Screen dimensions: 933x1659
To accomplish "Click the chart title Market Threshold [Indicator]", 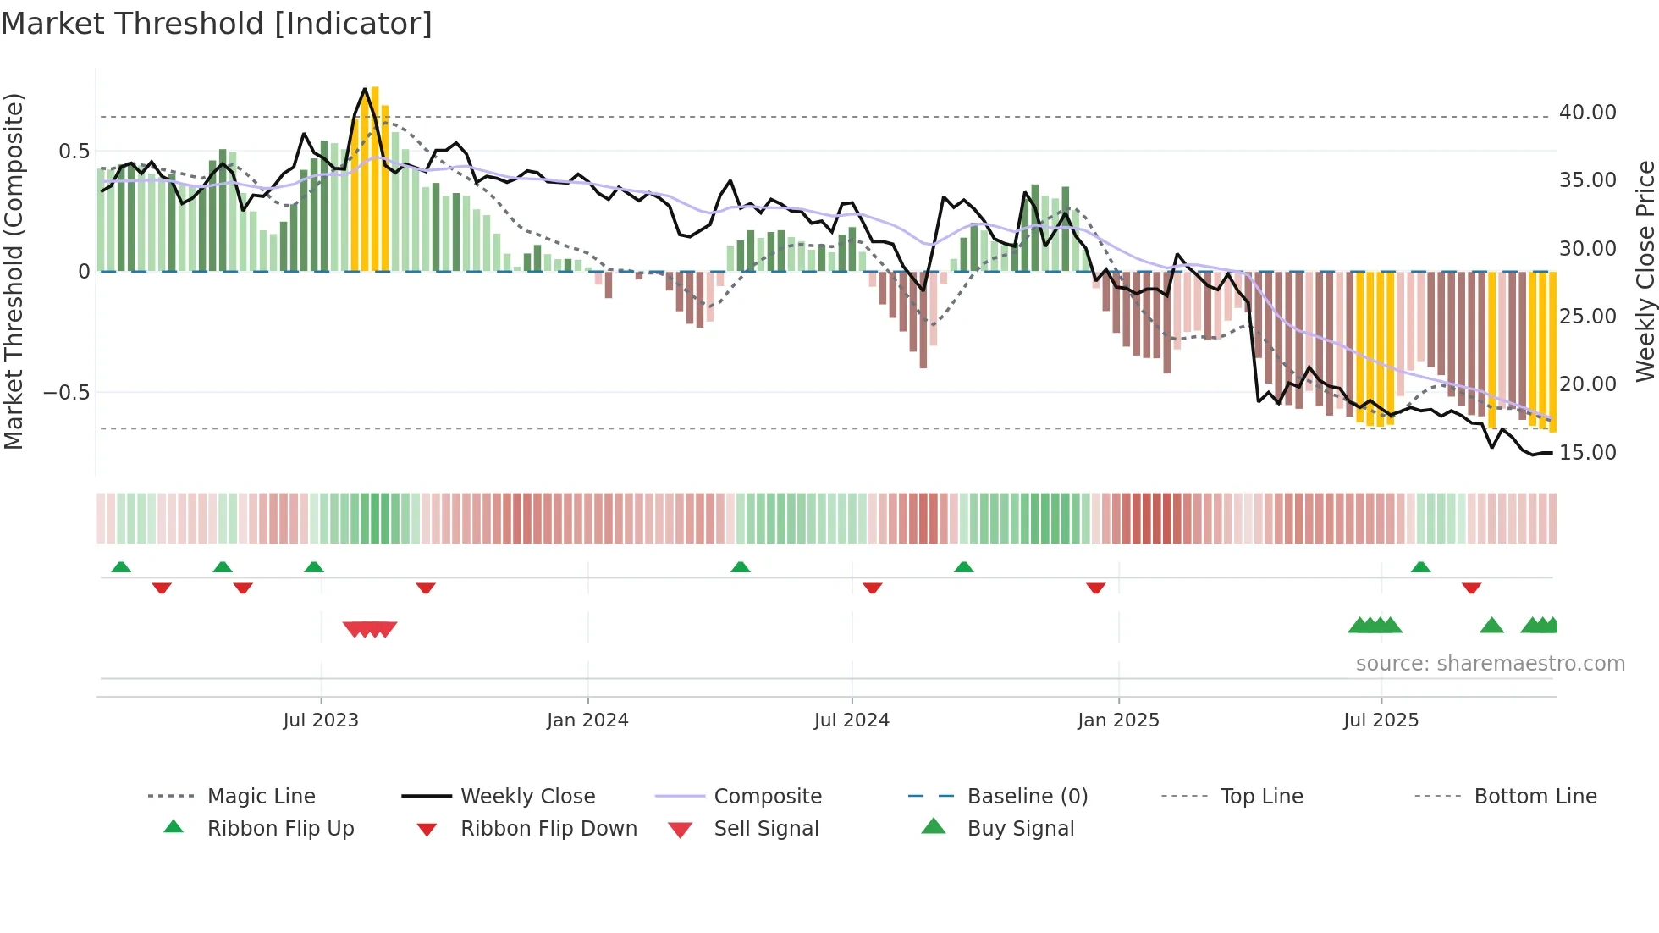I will click(x=217, y=24).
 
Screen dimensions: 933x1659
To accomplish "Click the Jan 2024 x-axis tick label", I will click(x=587, y=720).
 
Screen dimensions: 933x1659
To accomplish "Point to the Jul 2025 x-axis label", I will click(x=1381, y=720).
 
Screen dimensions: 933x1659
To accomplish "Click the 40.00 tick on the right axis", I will click(x=1587, y=113).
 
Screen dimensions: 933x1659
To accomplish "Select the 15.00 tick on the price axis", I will click(x=1587, y=453).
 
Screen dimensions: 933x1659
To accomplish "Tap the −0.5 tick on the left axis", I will click(x=66, y=393).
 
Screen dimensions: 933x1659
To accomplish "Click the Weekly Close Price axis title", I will click(x=1645, y=271).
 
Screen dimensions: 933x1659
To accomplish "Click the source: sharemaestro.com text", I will click(x=1490, y=664).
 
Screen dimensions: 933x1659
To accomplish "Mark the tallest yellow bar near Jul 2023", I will click(x=375, y=178).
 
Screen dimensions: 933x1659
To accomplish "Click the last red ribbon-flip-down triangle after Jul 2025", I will click(x=1471, y=588).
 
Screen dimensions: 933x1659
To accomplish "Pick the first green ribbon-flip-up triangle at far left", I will click(x=121, y=566).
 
